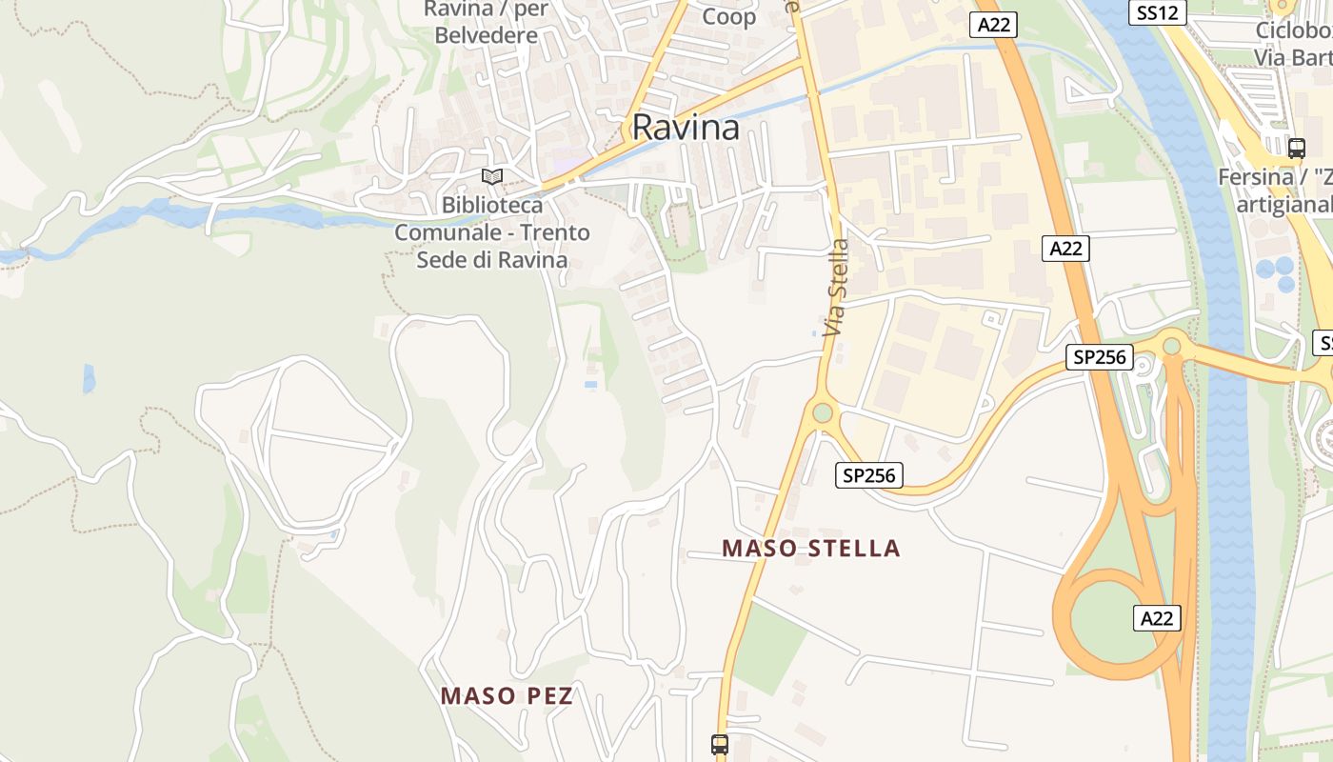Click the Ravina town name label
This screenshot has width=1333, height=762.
click(x=686, y=128)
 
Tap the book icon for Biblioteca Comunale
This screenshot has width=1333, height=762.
click(x=492, y=177)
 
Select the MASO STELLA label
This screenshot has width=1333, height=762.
click(x=810, y=549)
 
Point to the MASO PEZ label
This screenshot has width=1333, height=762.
click(x=507, y=696)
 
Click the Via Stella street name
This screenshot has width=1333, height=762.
click(x=836, y=287)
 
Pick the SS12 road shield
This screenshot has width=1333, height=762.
click(x=1158, y=12)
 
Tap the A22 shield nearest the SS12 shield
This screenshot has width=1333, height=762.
click(x=993, y=25)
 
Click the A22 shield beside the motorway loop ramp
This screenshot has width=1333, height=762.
click(x=1157, y=617)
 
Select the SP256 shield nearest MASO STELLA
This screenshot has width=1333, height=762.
click(x=868, y=474)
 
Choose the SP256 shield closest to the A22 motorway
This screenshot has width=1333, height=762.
click(x=1098, y=358)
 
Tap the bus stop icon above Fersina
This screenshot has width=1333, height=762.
click(x=1296, y=149)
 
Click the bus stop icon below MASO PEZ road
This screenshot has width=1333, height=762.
click(x=720, y=744)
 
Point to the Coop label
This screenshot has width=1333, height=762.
click(x=728, y=16)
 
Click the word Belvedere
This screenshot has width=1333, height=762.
click(x=485, y=36)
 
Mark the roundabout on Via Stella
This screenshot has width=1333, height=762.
click(x=822, y=412)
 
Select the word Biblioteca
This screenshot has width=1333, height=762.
click(x=492, y=206)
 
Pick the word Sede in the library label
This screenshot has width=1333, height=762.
click(x=441, y=260)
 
